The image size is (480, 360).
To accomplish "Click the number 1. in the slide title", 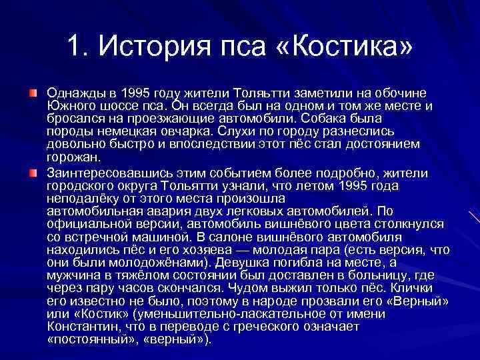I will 78,46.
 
